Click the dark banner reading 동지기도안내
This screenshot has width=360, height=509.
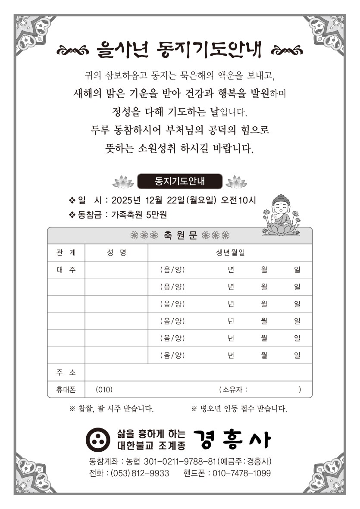(x=180, y=181)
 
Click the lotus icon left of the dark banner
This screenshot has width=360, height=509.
(x=123, y=182)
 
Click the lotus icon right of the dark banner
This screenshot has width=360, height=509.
(x=236, y=182)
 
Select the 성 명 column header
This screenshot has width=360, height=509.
(x=116, y=253)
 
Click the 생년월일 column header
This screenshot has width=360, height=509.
(x=230, y=253)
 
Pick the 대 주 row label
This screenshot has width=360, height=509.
(x=66, y=270)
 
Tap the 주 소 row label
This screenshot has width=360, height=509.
(x=66, y=372)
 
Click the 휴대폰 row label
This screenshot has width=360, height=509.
(x=66, y=390)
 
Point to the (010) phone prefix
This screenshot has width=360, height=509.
(x=104, y=390)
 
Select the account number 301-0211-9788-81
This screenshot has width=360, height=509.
(x=179, y=462)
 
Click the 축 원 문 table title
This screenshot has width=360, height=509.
(x=180, y=236)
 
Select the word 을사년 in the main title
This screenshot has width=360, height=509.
(x=121, y=50)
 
